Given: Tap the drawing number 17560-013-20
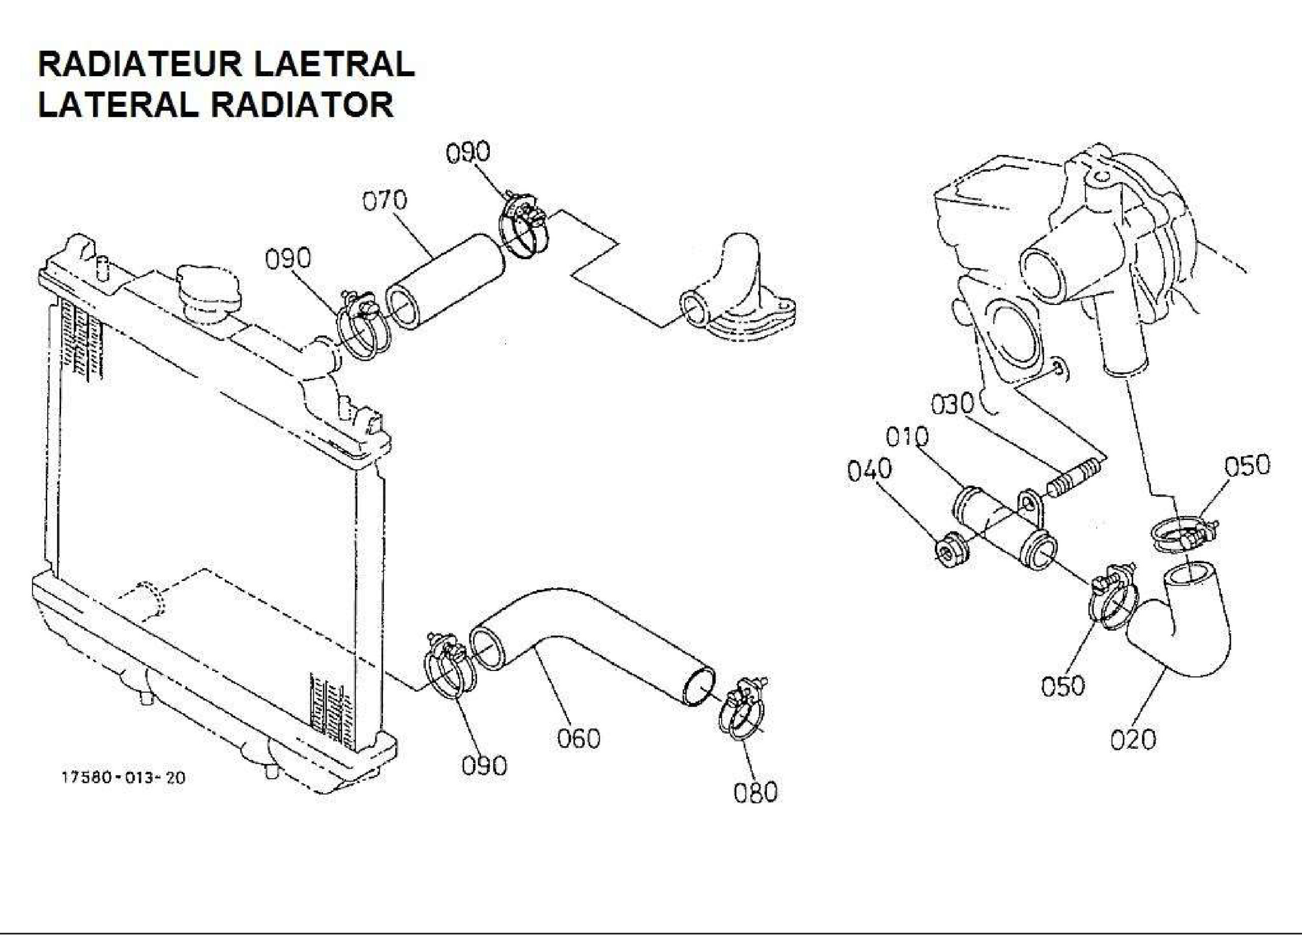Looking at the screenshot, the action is point(123,778).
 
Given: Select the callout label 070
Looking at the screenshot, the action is point(384,200).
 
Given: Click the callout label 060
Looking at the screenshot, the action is point(579,738).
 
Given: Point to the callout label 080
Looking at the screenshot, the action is point(755,792).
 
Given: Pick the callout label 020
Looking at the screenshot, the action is point(1133,740).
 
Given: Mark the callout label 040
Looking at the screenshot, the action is point(870,470).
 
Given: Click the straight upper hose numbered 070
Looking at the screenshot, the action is point(445,282).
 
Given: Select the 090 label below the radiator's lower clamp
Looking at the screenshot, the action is point(484,766).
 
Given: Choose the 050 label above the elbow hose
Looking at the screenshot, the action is point(1248,466).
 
